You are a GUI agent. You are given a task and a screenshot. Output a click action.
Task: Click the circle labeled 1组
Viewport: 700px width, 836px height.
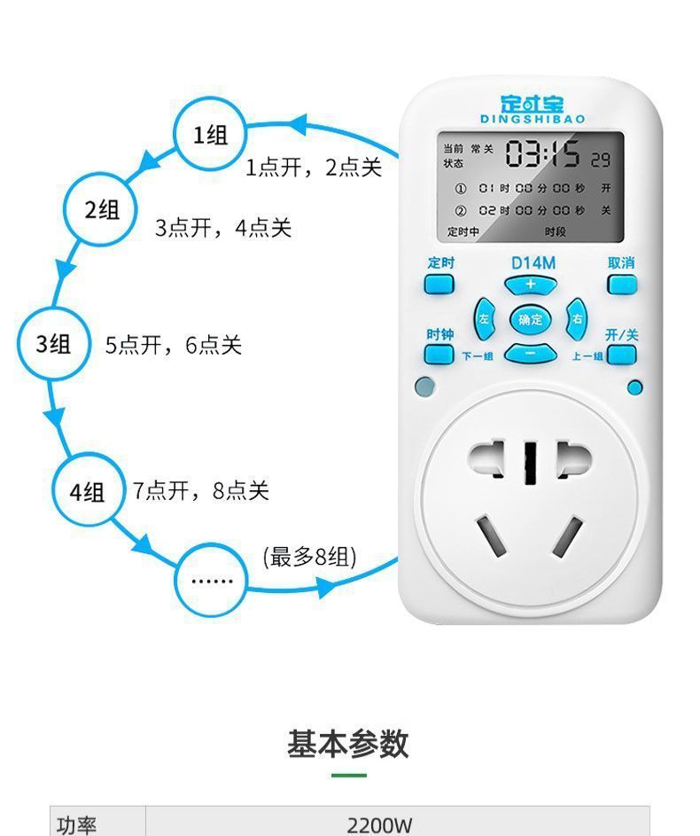pyautogui.click(x=210, y=135)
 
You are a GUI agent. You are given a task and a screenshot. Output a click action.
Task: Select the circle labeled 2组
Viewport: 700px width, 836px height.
pyautogui.click(x=102, y=210)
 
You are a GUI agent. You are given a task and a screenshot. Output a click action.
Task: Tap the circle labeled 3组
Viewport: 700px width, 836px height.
pyautogui.click(x=54, y=344)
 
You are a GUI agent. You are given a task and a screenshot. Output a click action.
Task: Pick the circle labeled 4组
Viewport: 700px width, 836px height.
pyautogui.click(x=88, y=492)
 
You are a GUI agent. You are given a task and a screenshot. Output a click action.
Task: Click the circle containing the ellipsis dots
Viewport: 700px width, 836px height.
pyautogui.click(x=212, y=581)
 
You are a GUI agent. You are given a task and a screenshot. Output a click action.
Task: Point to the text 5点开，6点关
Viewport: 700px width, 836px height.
pyautogui.click(x=174, y=345)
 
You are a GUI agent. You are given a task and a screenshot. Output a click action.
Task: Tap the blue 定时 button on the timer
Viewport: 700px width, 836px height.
pyautogui.click(x=439, y=284)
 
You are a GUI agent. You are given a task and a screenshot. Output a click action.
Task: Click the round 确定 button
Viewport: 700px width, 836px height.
pyautogui.click(x=531, y=320)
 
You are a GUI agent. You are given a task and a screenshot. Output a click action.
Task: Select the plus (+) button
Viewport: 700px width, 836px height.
pyautogui.click(x=531, y=285)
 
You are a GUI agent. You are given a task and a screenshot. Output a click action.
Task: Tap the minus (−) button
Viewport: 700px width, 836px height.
pyautogui.click(x=531, y=354)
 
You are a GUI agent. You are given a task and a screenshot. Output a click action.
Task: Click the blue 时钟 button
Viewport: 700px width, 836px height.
pyautogui.click(x=439, y=355)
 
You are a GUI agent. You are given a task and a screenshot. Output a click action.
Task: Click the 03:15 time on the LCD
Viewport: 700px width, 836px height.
pyautogui.click(x=542, y=155)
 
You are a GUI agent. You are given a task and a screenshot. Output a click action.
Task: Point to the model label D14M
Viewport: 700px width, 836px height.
pyautogui.click(x=533, y=262)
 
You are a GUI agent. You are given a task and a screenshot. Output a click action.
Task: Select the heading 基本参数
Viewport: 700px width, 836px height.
pyautogui.click(x=348, y=743)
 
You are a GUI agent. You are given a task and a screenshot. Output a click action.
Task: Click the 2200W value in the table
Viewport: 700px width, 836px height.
pyautogui.click(x=379, y=824)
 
